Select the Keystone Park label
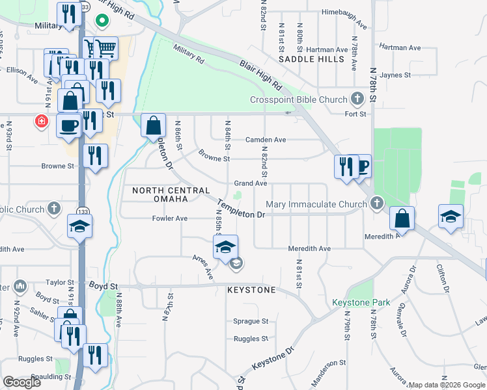click(x=361, y=302)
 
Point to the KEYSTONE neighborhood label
click(x=252, y=289)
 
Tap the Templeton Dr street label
click(x=241, y=209)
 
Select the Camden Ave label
click(x=266, y=140)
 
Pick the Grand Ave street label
click(x=251, y=184)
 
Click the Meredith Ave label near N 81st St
click(x=309, y=249)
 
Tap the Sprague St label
click(x=251, y=321)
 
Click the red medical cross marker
click(x=42, y=121)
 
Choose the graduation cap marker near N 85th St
click(x=226, y=247)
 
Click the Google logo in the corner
click(x=21, y=382)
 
